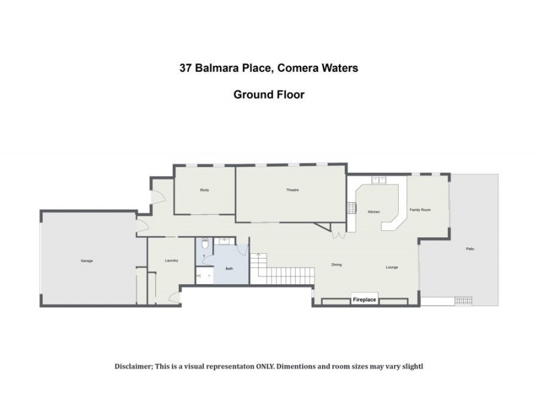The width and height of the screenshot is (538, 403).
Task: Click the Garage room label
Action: click(x=87, y=261)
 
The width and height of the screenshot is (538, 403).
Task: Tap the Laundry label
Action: click(x=171, y=261)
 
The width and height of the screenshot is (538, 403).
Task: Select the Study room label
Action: click(x=204, y=190)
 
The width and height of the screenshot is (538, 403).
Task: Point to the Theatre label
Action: click(x=292, y=190)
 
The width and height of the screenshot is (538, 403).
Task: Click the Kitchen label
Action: click(x=374, y=212)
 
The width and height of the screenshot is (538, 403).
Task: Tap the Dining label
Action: click(x=336, y=265)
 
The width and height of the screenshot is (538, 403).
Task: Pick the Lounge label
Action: click(x=392, y=268)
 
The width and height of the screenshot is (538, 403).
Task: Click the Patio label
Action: click(x=470, y=249)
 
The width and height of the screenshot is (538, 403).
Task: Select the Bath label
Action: click(x=229, y=269)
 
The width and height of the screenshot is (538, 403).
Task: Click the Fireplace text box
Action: click(x=364, y=300)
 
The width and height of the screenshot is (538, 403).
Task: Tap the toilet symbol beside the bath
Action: click(x=204, y=245)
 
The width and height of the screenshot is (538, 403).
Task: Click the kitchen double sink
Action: click(x=378, y=179)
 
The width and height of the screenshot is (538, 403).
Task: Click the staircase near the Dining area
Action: click(x=286, y=274)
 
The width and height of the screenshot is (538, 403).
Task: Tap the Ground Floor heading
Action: click(x=269, y=95)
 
